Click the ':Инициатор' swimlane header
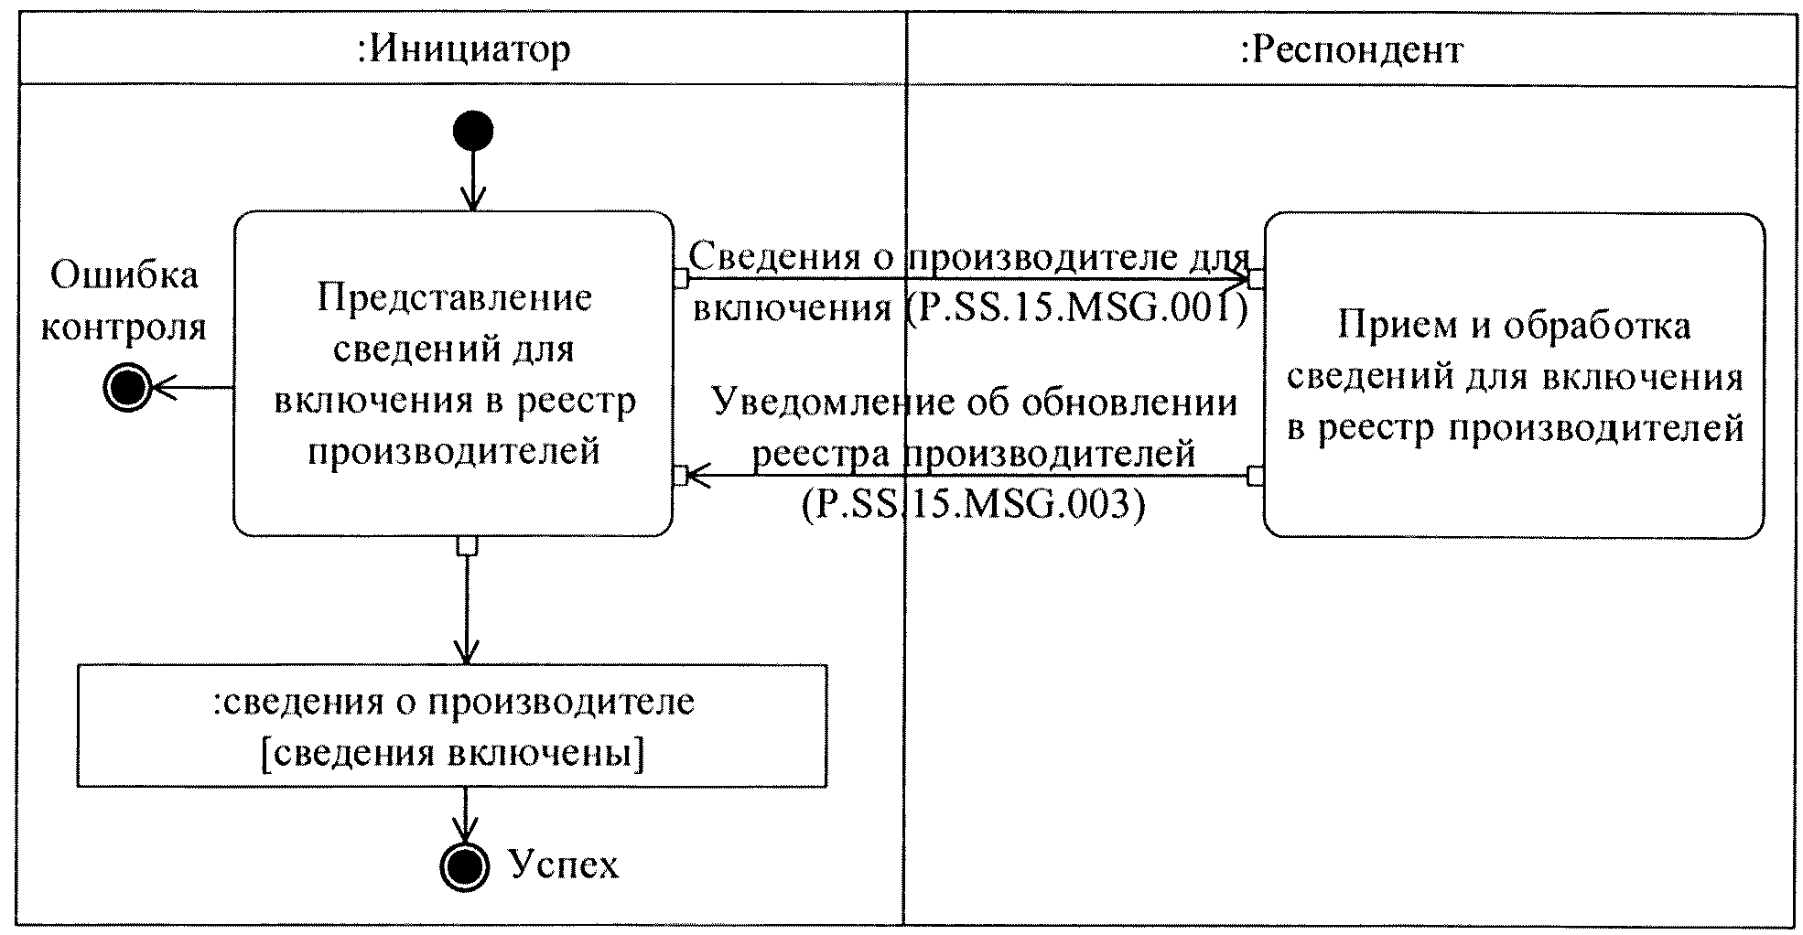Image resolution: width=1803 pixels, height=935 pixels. point(463,48)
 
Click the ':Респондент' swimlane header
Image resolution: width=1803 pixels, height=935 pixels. point(1351,48)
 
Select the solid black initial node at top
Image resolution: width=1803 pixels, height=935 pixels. point(472,131)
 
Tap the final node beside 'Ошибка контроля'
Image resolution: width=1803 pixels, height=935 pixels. point(126,389)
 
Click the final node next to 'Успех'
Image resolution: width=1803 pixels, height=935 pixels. point(463,865)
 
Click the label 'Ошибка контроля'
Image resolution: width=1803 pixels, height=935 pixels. point(124,300)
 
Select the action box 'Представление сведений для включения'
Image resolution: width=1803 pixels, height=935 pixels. point(453,373)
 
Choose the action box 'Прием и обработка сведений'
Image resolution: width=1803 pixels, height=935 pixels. point(1514,375)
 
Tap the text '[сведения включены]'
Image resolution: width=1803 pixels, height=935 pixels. point(452,753)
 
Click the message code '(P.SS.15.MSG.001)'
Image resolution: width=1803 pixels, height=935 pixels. point(1076,309)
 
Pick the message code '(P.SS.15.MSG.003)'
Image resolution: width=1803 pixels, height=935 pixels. point(973,504)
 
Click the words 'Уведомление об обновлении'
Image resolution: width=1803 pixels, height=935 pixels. point(975,403)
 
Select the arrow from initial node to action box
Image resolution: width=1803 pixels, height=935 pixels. point(472,178)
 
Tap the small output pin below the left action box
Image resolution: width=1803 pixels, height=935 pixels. point(467,546)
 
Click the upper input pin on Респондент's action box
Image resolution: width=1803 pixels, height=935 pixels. point(1257,278)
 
